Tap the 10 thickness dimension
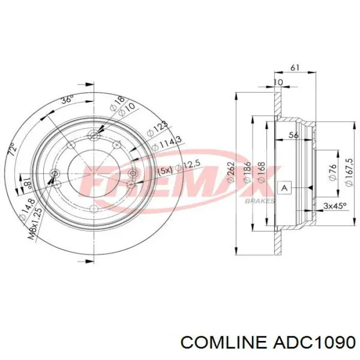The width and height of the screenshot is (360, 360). pos(278,82)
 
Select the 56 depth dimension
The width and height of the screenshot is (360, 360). pos(294,135)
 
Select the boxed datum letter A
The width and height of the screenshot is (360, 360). pos(283,188)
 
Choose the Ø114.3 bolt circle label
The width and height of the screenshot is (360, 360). pos(166,143)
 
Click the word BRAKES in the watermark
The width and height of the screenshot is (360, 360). pos(260,201)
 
